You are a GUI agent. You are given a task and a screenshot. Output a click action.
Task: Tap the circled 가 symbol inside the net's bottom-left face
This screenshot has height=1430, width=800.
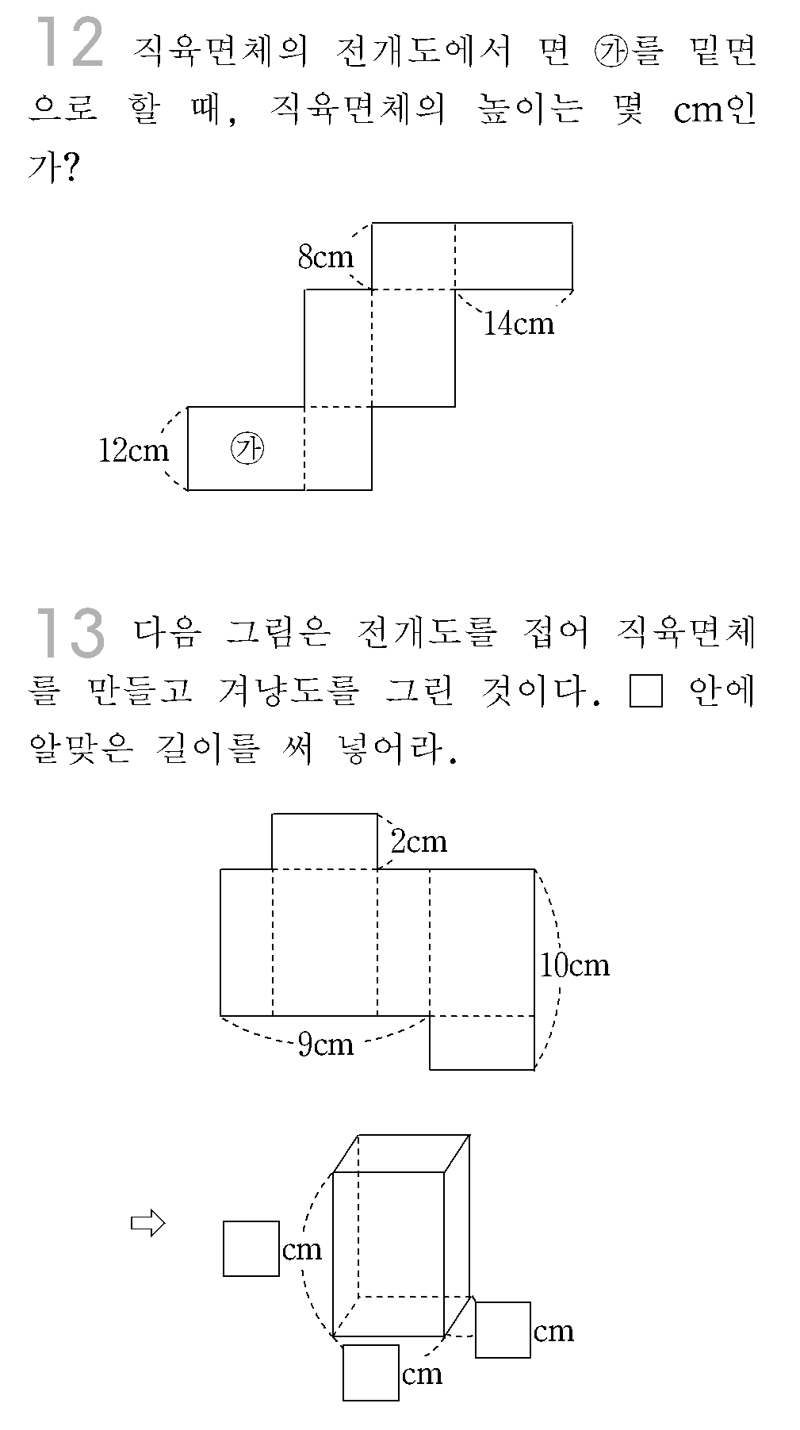[247, 448]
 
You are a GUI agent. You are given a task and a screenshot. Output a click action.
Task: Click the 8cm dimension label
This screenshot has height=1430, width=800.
[325, 256]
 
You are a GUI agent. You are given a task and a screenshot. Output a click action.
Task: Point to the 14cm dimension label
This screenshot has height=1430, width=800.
[519, 324]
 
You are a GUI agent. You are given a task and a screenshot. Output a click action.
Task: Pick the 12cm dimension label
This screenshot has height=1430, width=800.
[133, 450]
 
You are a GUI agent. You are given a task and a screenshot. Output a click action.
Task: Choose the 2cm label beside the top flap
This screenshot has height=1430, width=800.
[419, 841]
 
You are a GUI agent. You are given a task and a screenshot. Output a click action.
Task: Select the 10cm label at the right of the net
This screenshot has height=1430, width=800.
[575, 964]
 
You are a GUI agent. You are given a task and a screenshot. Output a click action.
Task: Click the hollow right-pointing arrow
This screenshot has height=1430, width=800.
[147, 1224]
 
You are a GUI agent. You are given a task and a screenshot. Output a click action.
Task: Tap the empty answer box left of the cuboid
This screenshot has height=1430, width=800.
[251, 1248]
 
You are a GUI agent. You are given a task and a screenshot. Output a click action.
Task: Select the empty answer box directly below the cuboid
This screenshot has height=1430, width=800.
[371, 1372]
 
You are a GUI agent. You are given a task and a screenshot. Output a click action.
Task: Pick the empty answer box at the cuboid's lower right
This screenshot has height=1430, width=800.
[503, 1330]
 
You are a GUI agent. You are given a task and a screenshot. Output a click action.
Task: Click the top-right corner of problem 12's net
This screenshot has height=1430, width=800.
[572, 223]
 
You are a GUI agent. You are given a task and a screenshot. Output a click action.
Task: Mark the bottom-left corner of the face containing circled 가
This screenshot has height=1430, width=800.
[188, 490]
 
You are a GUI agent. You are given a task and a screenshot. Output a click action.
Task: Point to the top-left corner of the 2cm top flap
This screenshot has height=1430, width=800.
[272, 814]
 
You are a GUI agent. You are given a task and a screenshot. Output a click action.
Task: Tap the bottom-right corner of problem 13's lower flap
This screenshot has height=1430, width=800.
[534, 1069]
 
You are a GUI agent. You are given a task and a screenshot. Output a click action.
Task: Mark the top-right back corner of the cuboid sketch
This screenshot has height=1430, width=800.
[469, 1135]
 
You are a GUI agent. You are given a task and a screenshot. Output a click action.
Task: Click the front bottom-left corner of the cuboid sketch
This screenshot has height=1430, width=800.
[333, 1336]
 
